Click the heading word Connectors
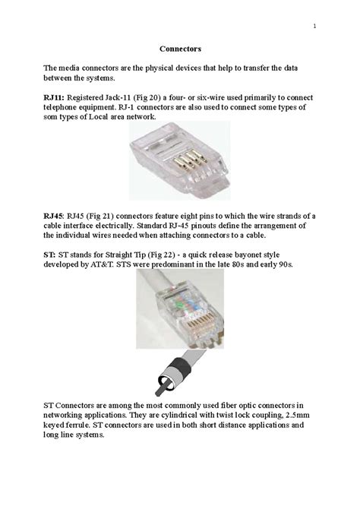[180, 49]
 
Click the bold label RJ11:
[54, 98]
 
